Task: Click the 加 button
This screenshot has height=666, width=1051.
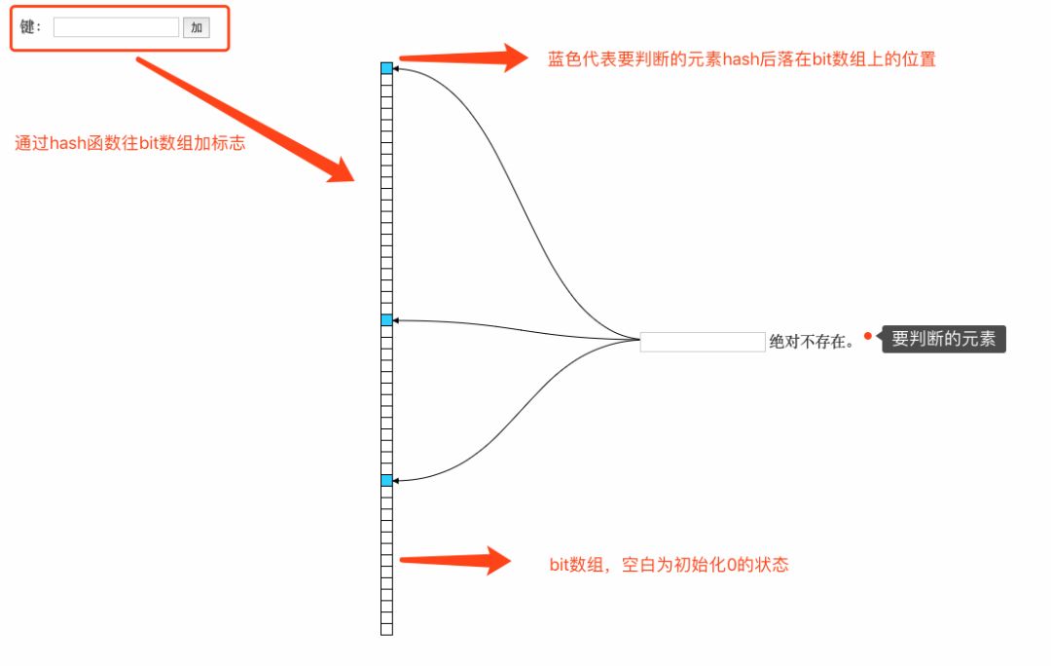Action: (196, 27)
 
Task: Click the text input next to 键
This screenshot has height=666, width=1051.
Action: (116, 27)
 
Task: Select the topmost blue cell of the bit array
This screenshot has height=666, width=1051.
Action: (386, 68)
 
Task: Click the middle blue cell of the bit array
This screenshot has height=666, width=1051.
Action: (386, 320)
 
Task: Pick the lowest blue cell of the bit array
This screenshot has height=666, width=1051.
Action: (386, 481)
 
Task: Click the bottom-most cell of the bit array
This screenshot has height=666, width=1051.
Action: (386, 630)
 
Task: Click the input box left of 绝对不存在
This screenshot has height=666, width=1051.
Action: (703, 342)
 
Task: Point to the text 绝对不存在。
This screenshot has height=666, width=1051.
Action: (812, 342)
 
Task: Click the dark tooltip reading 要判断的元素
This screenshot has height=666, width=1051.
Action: (943, 339)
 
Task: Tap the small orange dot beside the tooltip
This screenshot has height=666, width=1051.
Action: (867, 336)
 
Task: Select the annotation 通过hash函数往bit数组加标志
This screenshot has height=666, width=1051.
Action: (129, 143)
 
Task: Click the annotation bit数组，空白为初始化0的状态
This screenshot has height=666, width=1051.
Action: (669, 565)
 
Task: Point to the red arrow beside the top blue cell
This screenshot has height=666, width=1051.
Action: (463, 57)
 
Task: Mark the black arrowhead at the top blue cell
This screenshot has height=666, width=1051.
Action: (396, 69)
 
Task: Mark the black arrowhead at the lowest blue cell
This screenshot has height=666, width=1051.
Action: (396, 480)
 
